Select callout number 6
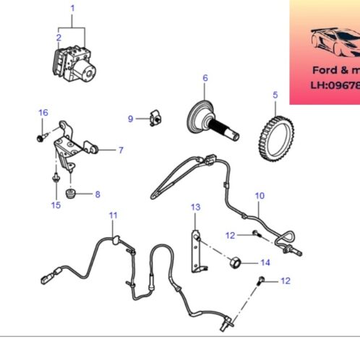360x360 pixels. pos(205,77)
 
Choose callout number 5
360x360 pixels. pos(275,94)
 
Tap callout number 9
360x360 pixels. pos(131,119)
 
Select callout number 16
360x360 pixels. pos(43,112)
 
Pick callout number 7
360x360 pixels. pos(121,150)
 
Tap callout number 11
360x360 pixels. pos(112,215)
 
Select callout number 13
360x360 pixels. pos(194,208)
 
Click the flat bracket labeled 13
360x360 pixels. pos(195,250)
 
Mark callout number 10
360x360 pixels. pos(260,196)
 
